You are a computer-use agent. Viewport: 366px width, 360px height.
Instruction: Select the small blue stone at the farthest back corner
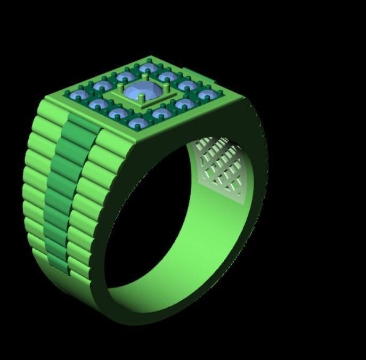point(148,68)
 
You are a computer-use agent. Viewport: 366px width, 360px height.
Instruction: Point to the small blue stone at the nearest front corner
point(137,123)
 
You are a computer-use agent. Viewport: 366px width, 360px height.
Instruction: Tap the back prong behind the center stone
point(145,78)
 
